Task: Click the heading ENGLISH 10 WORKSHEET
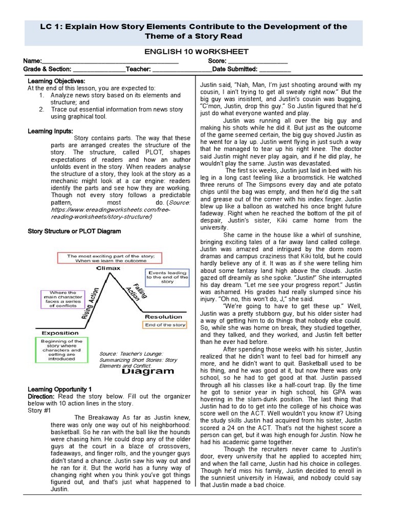pos(196,52)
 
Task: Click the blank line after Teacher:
pos(181,69)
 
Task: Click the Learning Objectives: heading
pos(56,81)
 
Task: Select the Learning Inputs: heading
pos(50,132)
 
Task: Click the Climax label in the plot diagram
pos(108,268)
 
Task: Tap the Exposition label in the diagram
pos(60,333)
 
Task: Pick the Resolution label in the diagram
pos(163,317)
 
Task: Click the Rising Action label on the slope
pos(89,302)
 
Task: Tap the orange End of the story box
pos(165,325)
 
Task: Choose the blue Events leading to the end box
pos(167,277)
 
